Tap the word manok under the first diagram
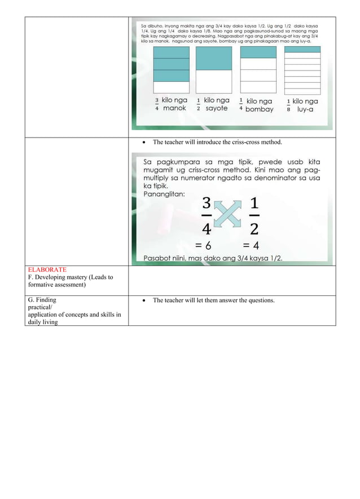pos(174,108)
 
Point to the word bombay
pos(259,109)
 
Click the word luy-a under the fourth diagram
pos(305,109)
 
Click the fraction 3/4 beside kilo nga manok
pos(157,104)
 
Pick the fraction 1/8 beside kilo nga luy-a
pos(288,105)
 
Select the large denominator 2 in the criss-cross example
pos(254,228)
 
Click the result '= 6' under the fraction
pos(203,245)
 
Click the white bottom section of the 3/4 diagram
pos(172,87)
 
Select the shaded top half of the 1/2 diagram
pos(213,59)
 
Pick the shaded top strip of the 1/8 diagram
pos(302,49)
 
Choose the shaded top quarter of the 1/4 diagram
pos(258,52)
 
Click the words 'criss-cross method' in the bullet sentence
pos(251,142)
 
